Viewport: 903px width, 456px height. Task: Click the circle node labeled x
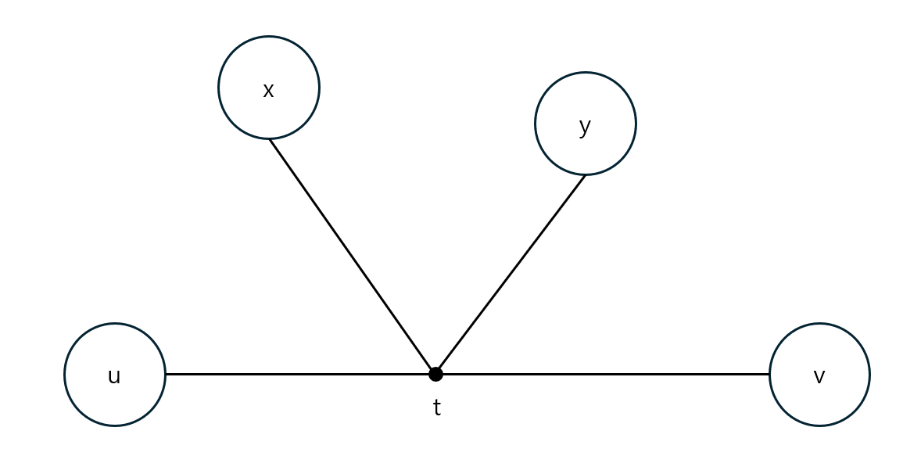(269, 88)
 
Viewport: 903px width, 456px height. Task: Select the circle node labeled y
(586, 124)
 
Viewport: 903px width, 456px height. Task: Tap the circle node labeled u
(115, 375)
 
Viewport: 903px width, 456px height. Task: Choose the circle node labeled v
(819, 375)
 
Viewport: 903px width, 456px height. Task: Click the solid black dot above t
(435, 374)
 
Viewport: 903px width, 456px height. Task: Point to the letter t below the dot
(437, 408)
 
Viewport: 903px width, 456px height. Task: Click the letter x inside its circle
(268, 90)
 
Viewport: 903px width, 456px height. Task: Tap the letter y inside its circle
(585, 127)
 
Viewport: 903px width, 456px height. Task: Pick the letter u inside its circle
(114, 376)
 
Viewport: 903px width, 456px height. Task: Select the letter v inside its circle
(819, 377)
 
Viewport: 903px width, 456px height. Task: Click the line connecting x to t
(352, 256)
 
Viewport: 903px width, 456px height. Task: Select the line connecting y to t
(511, 274)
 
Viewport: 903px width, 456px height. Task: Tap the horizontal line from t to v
(602, 374)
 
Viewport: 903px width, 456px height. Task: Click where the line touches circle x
(270, 139)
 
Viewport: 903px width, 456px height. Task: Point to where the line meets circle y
(585, 175)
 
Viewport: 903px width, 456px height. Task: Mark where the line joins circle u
(166, 374)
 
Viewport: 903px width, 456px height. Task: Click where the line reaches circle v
(769, 374)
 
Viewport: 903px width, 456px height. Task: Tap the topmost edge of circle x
(269, 37)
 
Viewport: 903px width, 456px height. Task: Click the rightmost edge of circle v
(869, 375)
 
